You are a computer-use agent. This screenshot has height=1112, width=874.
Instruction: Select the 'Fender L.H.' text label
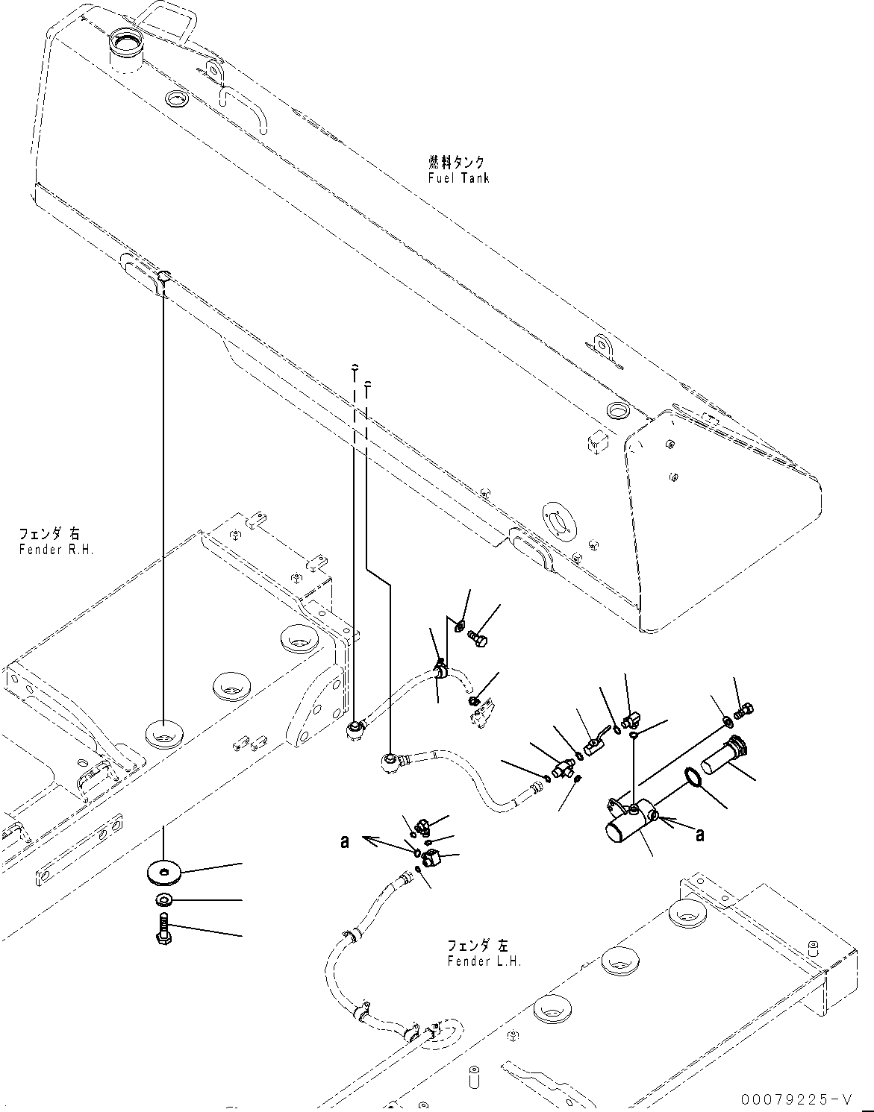coord(484,961)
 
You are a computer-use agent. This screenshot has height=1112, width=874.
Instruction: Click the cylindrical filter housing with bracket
coord(629,820)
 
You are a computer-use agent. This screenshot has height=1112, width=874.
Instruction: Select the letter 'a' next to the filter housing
coord(699,835)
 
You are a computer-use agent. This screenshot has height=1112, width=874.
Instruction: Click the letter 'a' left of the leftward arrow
coord(345,841)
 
